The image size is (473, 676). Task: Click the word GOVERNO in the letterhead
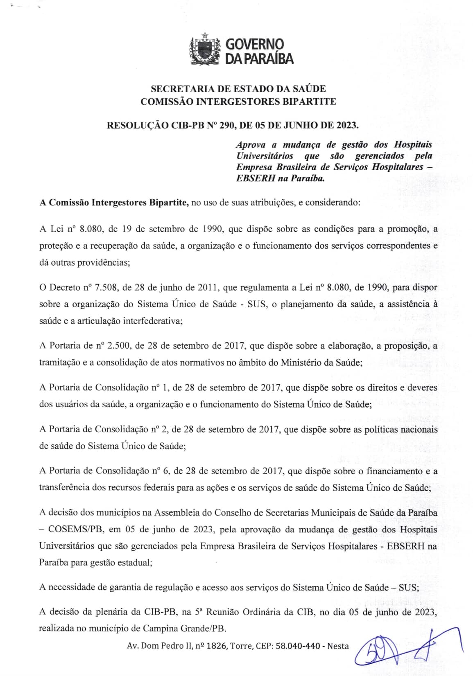point(255,44)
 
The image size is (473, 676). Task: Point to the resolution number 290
point(226,125)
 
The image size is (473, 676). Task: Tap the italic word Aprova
point(251,144)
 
